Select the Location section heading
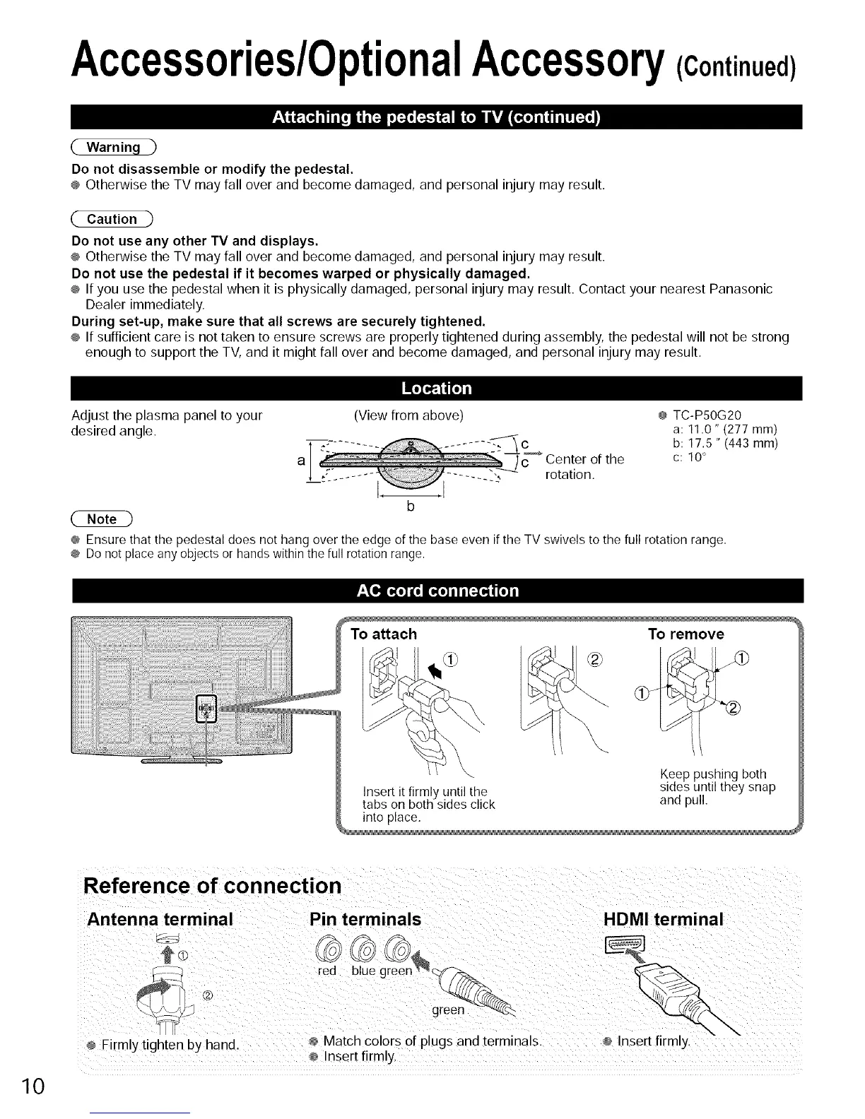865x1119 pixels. point(436,389)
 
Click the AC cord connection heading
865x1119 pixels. point(436,591)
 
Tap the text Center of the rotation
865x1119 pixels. point(584,467)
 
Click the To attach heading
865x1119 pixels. point(384,634)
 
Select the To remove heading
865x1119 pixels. point(685,634)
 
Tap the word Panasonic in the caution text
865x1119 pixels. point(742,290)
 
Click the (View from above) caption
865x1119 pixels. point(408,415)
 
